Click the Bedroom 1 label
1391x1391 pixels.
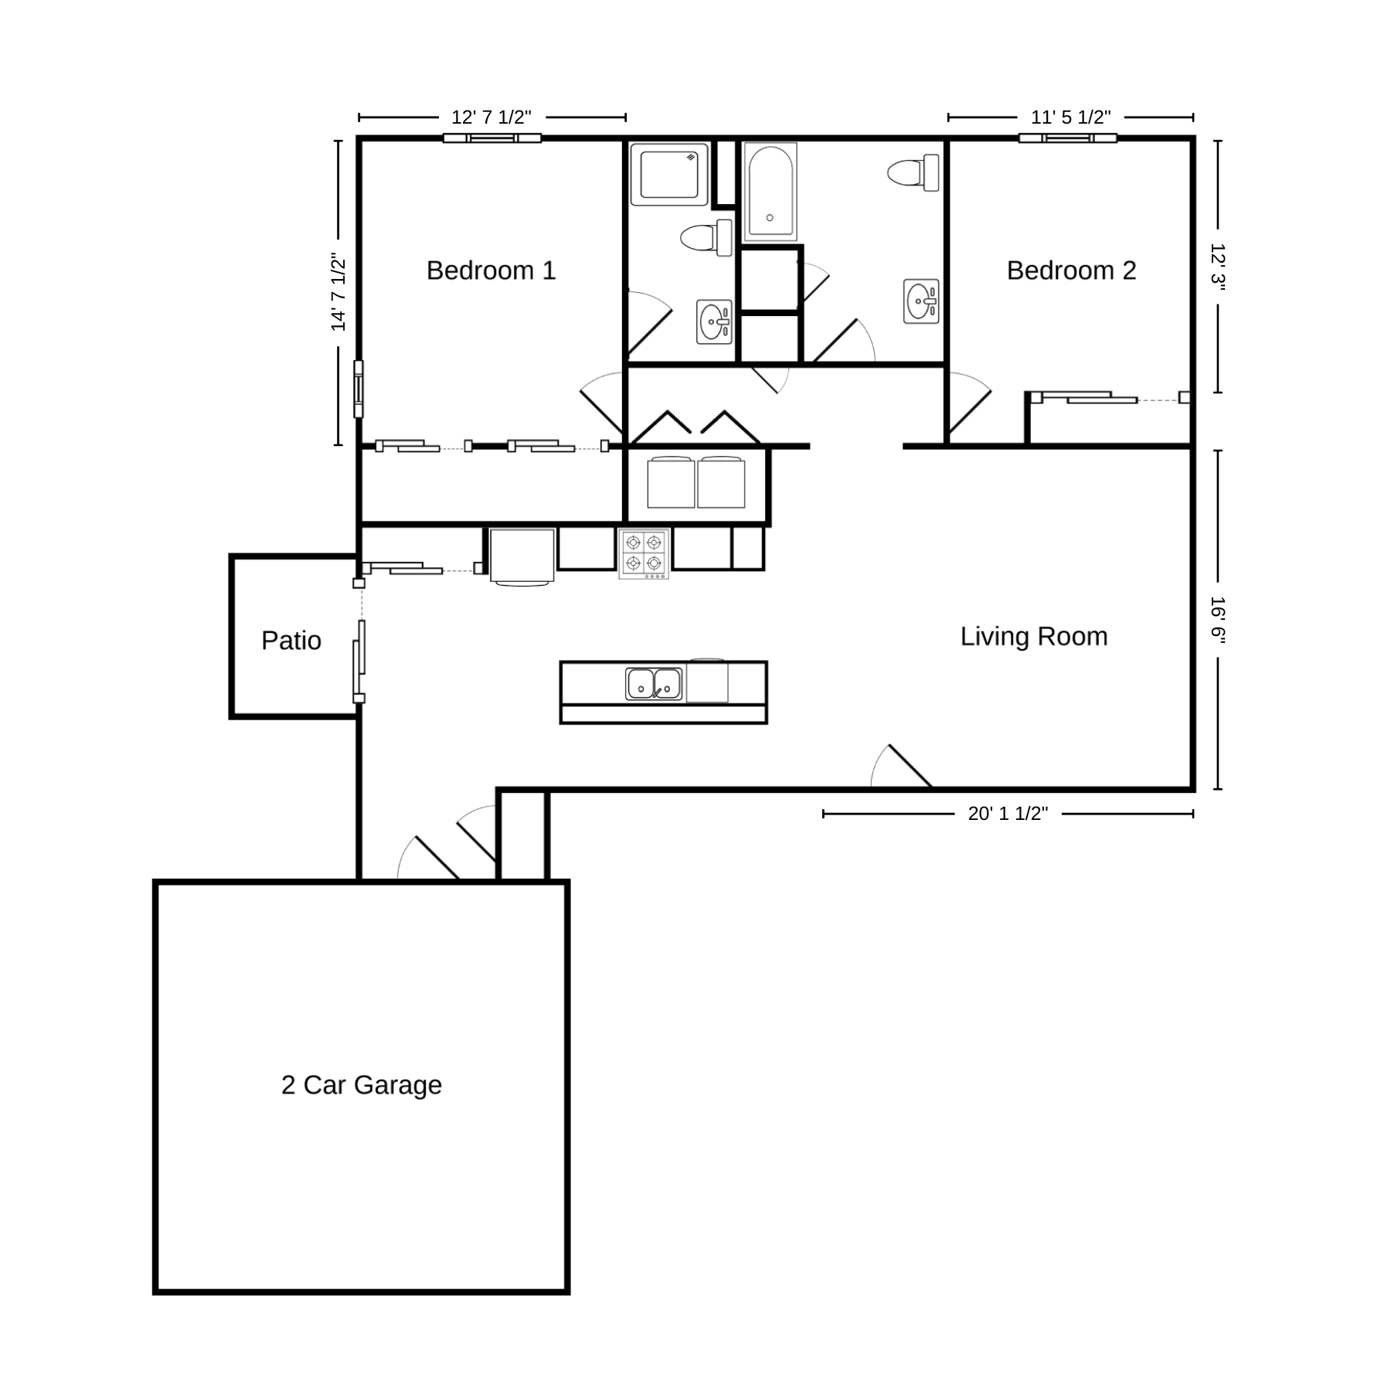491,270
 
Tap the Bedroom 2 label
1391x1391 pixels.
1071,270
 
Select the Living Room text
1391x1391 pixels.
1034,637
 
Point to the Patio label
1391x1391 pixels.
291,641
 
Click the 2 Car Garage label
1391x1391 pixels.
362,1085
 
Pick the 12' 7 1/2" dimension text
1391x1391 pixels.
491,117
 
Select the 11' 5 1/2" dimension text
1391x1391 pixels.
1071,117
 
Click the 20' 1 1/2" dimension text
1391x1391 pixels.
1008,814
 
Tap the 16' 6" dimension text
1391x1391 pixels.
1218,621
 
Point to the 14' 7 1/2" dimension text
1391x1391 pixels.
338,292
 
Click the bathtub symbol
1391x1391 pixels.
770,191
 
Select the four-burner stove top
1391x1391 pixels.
644,553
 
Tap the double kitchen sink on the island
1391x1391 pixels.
654,684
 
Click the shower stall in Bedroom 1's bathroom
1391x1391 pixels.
669,174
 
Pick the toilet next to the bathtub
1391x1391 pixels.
913,172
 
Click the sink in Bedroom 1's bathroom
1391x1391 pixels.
715,321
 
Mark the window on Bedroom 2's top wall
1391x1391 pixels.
1067,138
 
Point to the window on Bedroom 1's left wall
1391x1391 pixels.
359,389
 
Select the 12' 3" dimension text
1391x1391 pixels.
1218,267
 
